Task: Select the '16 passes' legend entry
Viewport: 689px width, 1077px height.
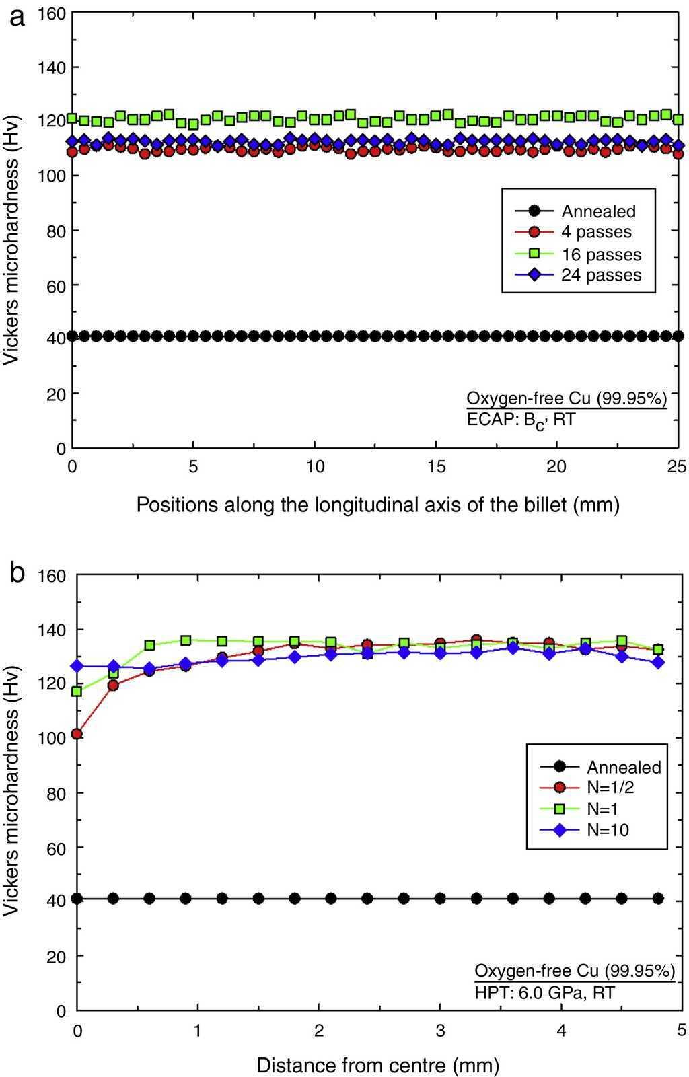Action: (601, 254)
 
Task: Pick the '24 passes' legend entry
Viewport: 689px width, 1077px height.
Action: (601, 275)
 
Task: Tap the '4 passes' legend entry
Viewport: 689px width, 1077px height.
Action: (596, 232)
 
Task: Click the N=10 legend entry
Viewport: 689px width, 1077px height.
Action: (608, 829)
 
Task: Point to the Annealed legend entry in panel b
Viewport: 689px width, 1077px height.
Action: (624, 767)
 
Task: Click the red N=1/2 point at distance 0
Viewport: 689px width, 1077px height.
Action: (77, 733)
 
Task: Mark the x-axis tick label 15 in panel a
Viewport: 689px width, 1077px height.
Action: (436, 466)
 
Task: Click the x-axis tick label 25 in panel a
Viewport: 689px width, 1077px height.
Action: (677, 466)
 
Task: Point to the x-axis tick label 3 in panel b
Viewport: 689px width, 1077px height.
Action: (440, 1029)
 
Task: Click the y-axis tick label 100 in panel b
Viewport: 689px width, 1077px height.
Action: (55, 738)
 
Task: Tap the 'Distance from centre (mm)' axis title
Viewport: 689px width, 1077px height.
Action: (377, 1065)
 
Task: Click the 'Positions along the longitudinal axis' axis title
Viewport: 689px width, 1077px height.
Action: (377, 504)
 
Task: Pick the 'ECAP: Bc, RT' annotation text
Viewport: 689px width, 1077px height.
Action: (521, 420)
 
